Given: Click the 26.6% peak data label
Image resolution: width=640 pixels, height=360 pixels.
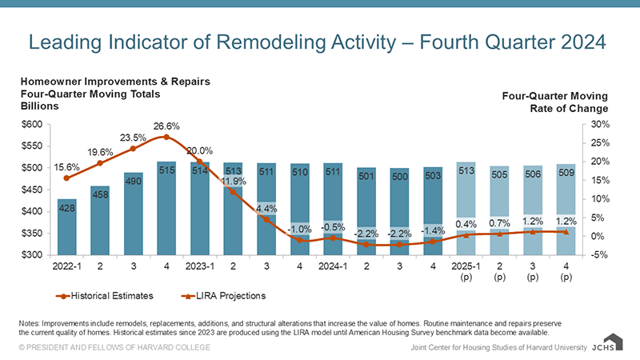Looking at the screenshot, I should [x=166, y=126].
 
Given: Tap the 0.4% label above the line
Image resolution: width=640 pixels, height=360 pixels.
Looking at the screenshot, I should [x=467, y=224].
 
